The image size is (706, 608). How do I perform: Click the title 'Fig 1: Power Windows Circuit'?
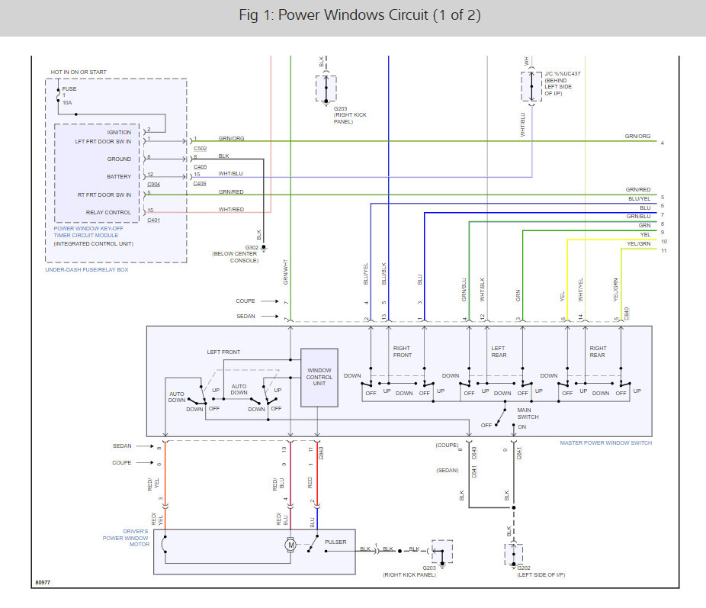click(352, 16)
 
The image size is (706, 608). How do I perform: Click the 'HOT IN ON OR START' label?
click(79, 72)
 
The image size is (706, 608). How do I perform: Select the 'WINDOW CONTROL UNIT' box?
click(319, 378)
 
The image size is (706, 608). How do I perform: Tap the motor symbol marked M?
click(290, 545)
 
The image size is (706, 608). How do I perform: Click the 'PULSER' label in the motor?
click(335, 542)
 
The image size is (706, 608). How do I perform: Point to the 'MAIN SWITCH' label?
click(528, 413)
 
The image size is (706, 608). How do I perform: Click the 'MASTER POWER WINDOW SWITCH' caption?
click(605, 443)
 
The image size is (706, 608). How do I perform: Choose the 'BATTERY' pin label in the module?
click(119, 177)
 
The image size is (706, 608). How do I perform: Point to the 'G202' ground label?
click(524, 568)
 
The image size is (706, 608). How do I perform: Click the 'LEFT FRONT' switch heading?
click(223, 352)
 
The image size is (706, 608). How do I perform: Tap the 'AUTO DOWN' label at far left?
click(177, 397)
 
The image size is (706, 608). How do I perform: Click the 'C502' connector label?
click(200, 148)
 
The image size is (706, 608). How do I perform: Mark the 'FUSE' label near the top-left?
click(69, 88)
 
